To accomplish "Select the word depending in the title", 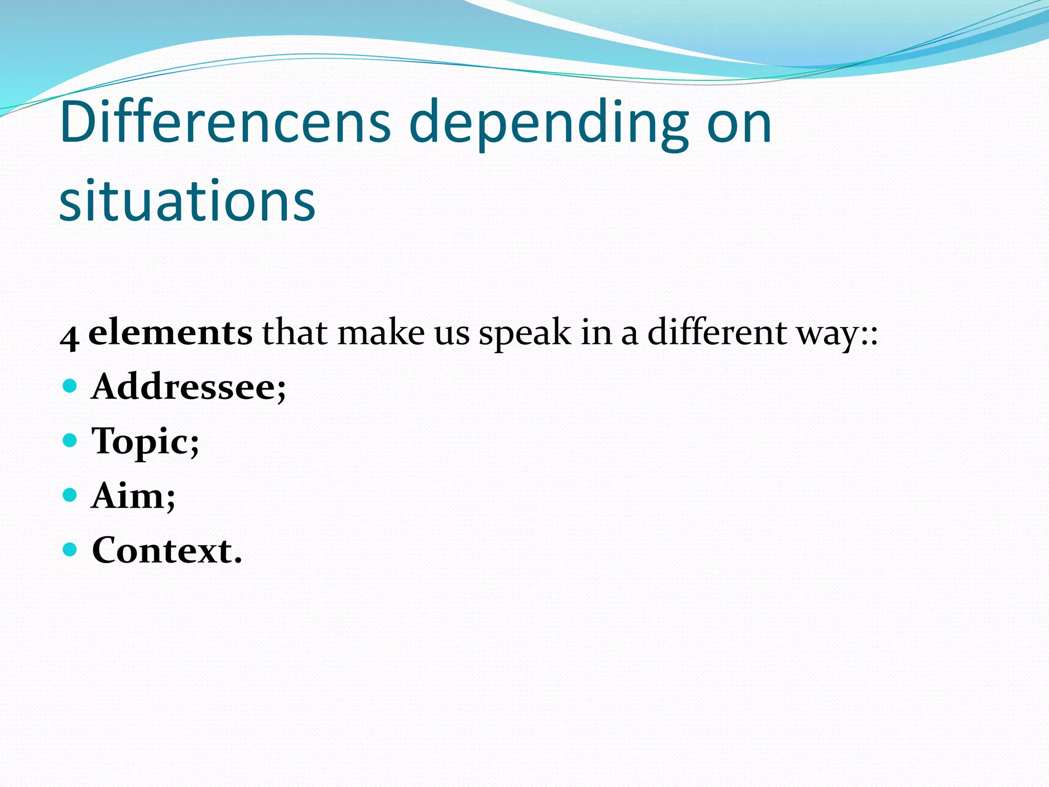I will click(x=548, y=126).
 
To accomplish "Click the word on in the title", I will click(x=739, y=123).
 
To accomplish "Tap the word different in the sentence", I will click(x=717, y=332).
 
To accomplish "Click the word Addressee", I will click(x=188, y=387).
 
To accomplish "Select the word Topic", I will click(x=145, y=442).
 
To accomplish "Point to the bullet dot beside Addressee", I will click(x=70, y=385).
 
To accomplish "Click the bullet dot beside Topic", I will click(x=70, y=440).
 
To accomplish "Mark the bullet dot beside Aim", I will click(x=70, y=495).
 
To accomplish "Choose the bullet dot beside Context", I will click(x=70, y=550).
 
